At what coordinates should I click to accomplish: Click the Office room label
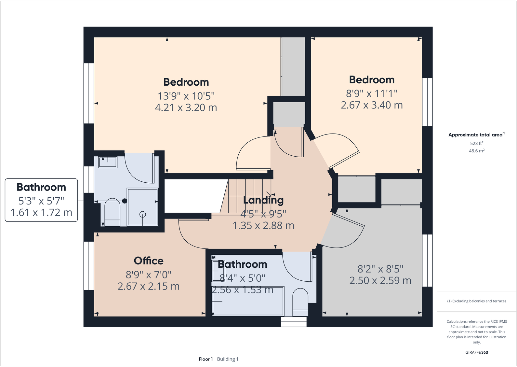149,261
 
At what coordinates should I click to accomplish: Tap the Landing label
263,200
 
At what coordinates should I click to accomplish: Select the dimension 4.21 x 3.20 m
186,108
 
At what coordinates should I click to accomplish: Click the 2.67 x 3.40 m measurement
372,105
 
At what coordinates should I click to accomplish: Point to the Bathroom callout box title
41,187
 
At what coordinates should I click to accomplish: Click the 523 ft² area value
476,143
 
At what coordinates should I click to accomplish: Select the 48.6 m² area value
476,151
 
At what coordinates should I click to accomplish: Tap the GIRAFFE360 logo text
476,352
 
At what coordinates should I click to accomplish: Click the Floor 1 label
205,359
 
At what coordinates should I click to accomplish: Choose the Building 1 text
228,359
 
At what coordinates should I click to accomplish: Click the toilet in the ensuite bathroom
112,212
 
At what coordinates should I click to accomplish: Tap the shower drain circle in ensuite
142,214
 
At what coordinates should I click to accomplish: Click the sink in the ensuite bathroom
108,162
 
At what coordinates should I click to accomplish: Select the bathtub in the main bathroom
248,301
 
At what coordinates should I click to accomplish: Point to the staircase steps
247,195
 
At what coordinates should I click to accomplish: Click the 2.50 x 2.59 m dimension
380,281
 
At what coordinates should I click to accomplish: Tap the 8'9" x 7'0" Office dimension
149,275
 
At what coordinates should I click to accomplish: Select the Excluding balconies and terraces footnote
476,301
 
